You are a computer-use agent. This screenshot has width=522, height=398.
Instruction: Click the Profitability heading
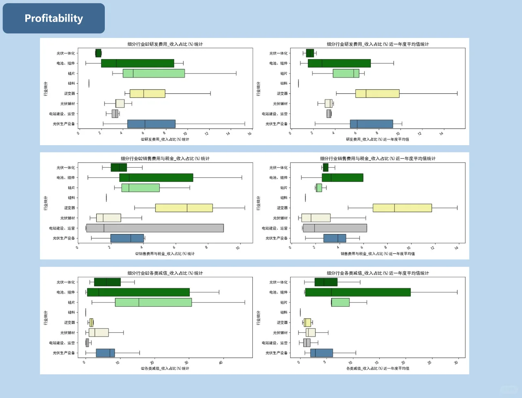coord(53,18)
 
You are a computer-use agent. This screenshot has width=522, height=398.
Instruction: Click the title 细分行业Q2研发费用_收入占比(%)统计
coord(165,44)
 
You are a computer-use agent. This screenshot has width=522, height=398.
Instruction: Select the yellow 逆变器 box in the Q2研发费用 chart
coord(147,93)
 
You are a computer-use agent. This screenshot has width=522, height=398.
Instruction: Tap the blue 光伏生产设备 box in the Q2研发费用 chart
coord(151,124)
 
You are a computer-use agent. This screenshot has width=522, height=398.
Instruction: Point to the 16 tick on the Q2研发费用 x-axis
coord(249,133)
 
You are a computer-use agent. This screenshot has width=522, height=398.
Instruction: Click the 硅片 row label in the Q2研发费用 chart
coord(71,73)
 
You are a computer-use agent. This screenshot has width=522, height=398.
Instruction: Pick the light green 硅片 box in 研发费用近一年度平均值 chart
coord(346,73)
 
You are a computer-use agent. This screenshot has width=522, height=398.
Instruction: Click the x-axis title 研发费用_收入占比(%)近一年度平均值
coord(377,139)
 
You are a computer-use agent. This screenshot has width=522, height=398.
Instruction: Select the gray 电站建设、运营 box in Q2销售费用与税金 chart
coord(155,228)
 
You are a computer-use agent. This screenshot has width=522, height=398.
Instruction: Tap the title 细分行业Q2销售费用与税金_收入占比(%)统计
coord(165,159)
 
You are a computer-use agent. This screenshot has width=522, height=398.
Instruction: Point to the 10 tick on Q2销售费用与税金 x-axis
coord(238,248)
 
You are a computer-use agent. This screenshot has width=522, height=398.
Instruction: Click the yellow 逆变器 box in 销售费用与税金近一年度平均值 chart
coord(402,208)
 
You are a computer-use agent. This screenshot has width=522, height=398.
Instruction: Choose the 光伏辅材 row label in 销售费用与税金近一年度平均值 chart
coord(280,218)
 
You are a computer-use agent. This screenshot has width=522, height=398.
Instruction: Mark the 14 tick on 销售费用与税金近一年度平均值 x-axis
coord(456,248)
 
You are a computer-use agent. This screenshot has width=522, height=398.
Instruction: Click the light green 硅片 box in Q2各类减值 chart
coord(153,302)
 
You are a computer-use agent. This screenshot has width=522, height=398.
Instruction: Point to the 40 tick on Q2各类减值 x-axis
coord(221,363)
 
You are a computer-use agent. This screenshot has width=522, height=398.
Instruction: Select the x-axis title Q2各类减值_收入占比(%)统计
coord(165,369)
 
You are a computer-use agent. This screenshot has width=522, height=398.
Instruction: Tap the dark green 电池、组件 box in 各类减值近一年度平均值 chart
coord(358,292)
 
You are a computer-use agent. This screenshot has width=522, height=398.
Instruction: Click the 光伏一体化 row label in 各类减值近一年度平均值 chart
coord(278,282)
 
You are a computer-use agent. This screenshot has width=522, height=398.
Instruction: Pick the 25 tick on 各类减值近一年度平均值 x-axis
coord(429,363)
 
